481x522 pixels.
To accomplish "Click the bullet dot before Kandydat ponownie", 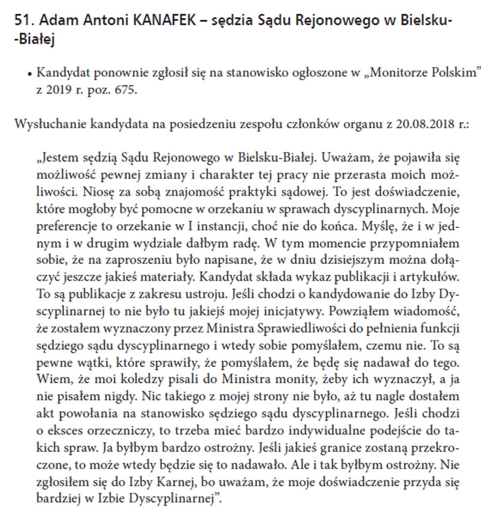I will coord(29,74).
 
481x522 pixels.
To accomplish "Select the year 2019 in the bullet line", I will coord(58,90).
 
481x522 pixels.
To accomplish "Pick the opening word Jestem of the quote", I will coord(59,157).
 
